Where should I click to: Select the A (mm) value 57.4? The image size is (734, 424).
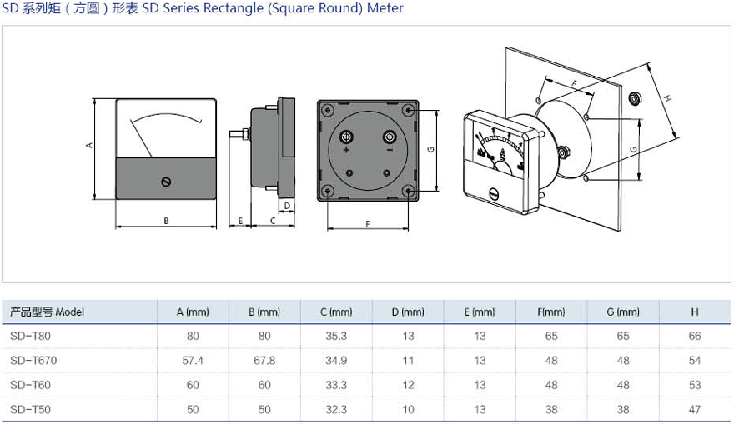click(193, 361)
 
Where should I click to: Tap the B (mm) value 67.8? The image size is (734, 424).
click(264, 361)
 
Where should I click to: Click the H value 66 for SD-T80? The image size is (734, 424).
click(695, 337)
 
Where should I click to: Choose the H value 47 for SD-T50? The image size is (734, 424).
click(695, 409)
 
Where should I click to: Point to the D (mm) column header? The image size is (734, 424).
click(408, 312)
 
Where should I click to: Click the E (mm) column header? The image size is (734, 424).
click(480, 312)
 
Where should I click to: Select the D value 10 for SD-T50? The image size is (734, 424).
click(408, 409)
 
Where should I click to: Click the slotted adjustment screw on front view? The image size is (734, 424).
click(167, 181)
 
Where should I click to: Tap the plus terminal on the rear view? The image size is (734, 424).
click(347, 137)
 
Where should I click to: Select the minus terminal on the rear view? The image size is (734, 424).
click(389, 137)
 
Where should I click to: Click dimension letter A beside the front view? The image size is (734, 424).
click(88, 145)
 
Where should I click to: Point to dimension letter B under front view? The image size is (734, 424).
click(166, 221)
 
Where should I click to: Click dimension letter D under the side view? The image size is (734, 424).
click(287, 205)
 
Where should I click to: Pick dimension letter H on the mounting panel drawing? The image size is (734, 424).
click(667, 98)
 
